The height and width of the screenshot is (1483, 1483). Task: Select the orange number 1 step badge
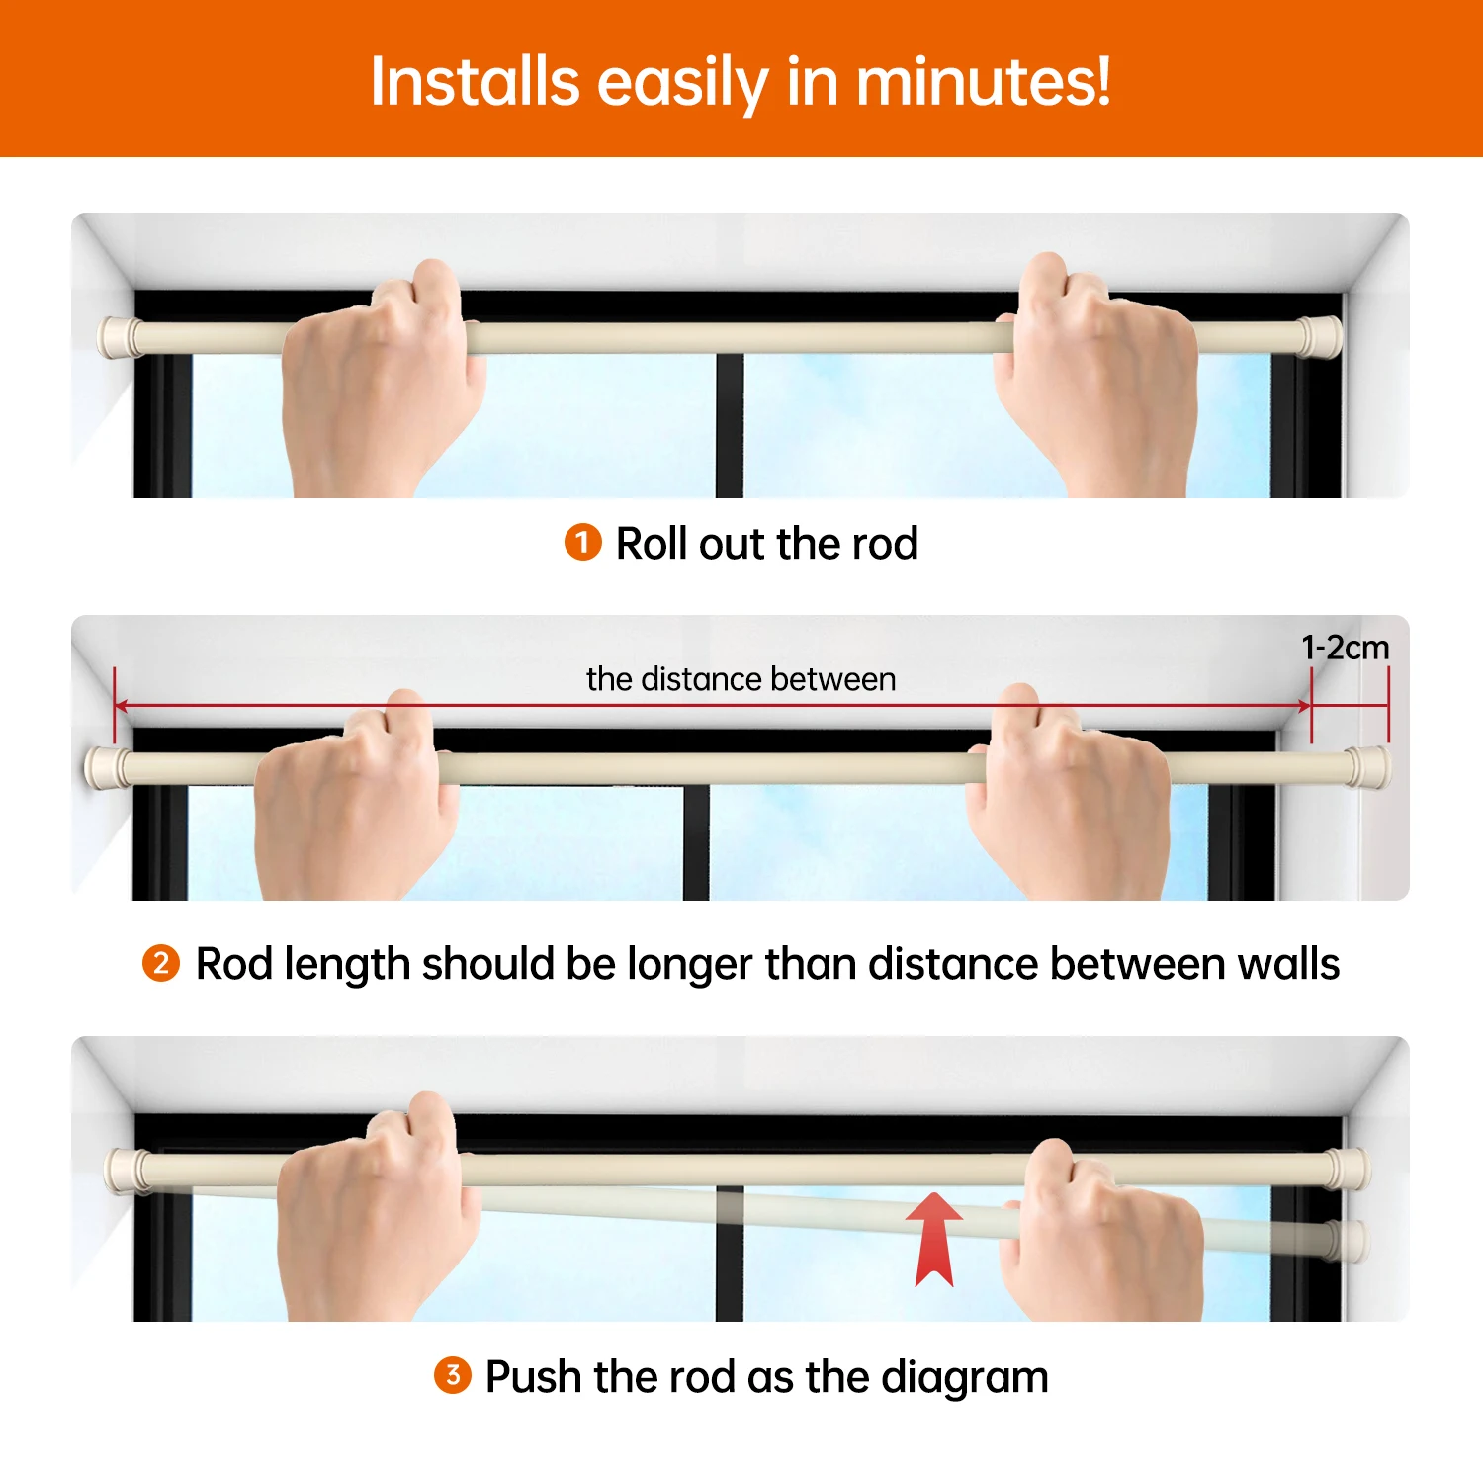pos(582,542)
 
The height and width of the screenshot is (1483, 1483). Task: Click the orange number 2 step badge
pos(161,963)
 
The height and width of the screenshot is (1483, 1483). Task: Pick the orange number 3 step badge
pos(452,1375)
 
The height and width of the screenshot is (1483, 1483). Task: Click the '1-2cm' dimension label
pos(1345,648)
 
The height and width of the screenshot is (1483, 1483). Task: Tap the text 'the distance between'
pos(741,679)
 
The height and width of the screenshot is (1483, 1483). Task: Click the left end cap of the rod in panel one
pos(117,337)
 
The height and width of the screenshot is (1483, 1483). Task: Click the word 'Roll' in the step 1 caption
pos(652,543)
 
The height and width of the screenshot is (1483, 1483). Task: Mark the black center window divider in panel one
pos(730,425)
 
